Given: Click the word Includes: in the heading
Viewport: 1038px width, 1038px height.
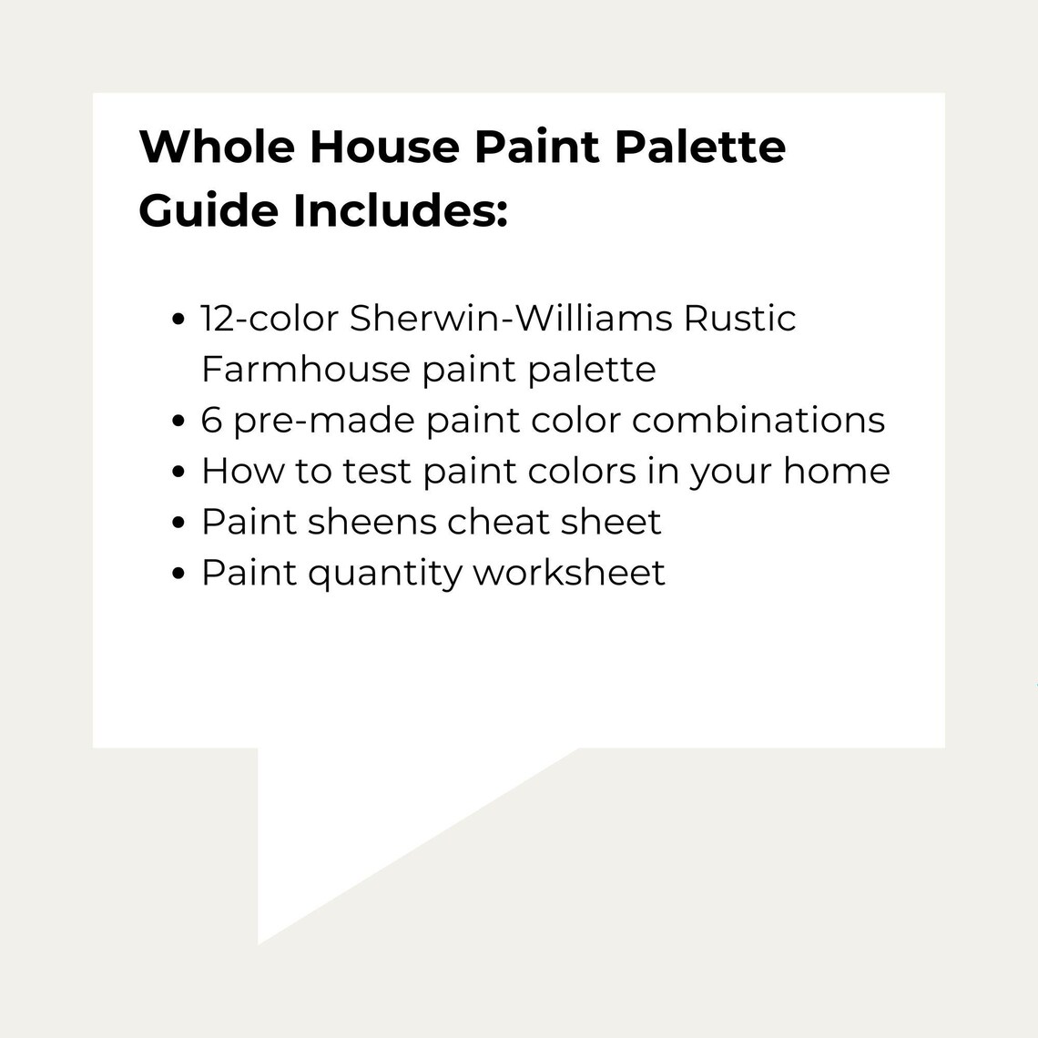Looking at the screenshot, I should [x=400, y=210].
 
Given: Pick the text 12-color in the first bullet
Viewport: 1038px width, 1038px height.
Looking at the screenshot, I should [x=270, y=319].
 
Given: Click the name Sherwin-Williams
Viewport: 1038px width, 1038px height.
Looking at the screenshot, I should [x=511, y=319].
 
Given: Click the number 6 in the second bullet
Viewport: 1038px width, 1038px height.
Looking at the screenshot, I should [x=211, y=421].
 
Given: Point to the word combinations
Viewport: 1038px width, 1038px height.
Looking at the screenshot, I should [x=758, y=421].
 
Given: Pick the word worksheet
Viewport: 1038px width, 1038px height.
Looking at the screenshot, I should [x=570, y=574].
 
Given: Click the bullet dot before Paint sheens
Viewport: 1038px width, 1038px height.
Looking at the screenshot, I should [x=179, y=524].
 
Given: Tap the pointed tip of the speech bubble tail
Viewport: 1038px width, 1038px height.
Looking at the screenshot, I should [x=259, y=942].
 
